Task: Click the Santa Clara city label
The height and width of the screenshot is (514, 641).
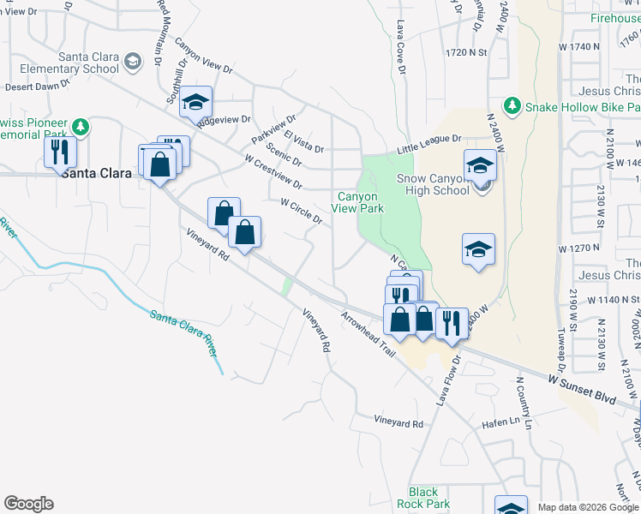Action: pyautogui.click(x=96, y=173)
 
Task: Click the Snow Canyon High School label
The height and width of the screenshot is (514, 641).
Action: pyautogui.click(x=433, y=184)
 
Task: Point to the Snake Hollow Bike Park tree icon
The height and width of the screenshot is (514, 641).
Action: pyautogui.click(x=512, y=105)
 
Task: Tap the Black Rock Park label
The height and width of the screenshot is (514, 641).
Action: pyautogui.click(x=423, y=498)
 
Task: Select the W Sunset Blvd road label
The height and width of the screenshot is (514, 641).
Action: pyautogui.click(x=583, y=391)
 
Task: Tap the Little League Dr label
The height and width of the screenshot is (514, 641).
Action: pyautogui.click(x=428, y=142)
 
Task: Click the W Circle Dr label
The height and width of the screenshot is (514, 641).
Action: pyautogui.click(x=301, y=212)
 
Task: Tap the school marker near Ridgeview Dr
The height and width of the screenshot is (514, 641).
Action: pyautogui.click(x=196, y=102)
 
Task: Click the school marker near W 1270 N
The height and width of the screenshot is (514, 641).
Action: pyautogui.click(x=478, y=249)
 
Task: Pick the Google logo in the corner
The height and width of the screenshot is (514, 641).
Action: pyautogui.click(x=28, y=504)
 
